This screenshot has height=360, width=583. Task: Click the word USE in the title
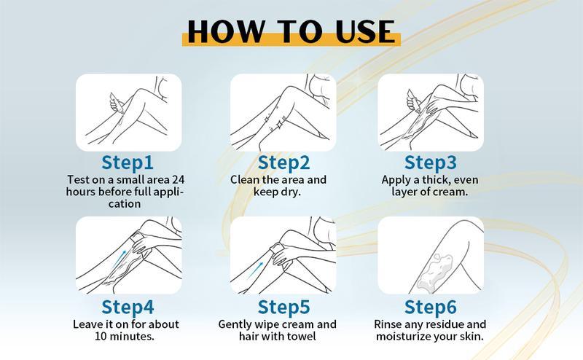[x=365, y=31]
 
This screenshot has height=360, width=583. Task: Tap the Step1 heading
[x=128, y=163]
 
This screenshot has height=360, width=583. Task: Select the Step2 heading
[x=283, y=163]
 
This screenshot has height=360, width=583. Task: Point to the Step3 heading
[x=431, y=163]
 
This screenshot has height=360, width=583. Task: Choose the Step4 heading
[x=128, y=308]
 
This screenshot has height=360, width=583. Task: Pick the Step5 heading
[x=283, y=308]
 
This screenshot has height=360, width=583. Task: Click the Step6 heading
[x=431, y=308]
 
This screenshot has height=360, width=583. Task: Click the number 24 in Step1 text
[x=178, y=179]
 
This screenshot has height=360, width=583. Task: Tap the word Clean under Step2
[x=244, y=179]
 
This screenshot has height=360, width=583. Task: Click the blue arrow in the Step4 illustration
[x=119, y=259]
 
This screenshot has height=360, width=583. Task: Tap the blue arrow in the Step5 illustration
[x=256, y=269]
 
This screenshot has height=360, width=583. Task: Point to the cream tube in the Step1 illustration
[x=115, y=102]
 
